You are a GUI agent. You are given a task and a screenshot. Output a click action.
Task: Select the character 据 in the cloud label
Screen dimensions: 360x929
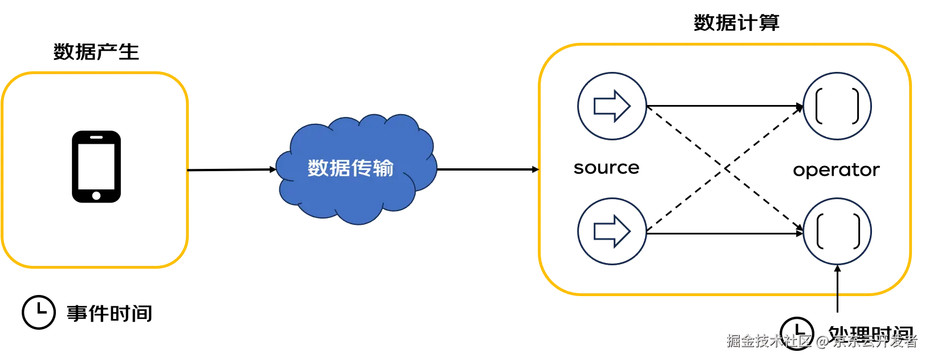340,168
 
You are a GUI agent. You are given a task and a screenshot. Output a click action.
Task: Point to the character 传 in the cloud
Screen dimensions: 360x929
362,168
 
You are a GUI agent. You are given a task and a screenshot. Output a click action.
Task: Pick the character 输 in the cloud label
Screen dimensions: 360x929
383,168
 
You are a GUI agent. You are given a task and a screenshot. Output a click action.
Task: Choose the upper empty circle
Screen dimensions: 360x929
837,106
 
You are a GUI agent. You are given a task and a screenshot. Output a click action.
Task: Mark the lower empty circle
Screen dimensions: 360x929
837,232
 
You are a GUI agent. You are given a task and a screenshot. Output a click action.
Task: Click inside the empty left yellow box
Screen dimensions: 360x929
95,170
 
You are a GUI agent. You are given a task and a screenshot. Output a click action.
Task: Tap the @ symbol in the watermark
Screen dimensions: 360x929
821,341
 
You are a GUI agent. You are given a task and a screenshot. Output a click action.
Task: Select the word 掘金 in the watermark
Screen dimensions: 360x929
740,341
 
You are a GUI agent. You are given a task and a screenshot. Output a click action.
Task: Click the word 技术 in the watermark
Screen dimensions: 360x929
769,341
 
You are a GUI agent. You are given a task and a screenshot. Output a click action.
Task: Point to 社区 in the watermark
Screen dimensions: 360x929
797,341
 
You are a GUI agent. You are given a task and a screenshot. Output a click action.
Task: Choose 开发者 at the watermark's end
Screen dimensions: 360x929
896,341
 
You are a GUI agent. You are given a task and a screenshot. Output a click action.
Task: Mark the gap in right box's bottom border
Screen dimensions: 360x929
837,294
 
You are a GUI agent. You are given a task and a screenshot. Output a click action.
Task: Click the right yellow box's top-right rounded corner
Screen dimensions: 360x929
898,56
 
